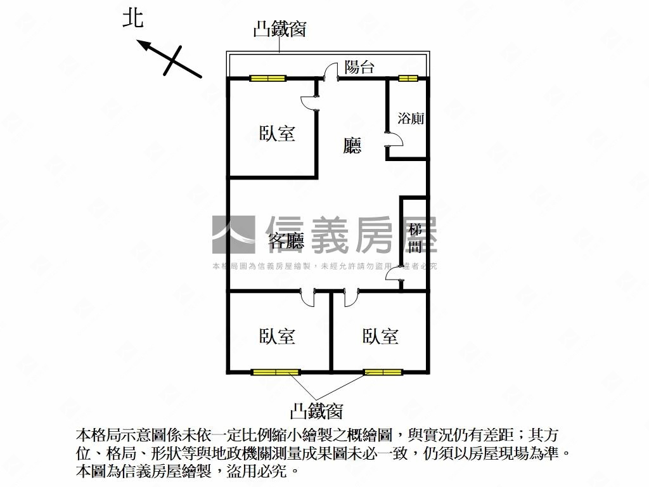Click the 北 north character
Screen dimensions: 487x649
[133, 18]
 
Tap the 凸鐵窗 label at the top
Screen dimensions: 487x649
[280, 29]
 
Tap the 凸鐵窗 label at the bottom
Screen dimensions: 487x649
[316, 412]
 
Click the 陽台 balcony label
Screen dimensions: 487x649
[359, 67]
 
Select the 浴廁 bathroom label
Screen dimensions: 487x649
[411, 118]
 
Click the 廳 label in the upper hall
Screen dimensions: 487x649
[352, 146]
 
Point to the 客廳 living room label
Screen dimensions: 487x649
[286, 241]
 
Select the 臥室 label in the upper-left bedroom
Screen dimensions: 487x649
[277, 133]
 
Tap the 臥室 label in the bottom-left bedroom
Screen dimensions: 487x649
[277, 335]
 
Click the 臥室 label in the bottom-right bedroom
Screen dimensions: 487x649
[380, 335]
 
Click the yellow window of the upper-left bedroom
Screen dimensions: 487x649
[267, 79]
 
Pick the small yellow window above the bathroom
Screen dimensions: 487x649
[408, 79]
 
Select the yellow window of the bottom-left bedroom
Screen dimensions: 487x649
[275, 372]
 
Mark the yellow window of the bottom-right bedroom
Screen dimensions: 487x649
[383, 372]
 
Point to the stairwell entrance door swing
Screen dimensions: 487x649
[394, 274]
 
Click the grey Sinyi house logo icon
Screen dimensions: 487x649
[233, 235]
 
